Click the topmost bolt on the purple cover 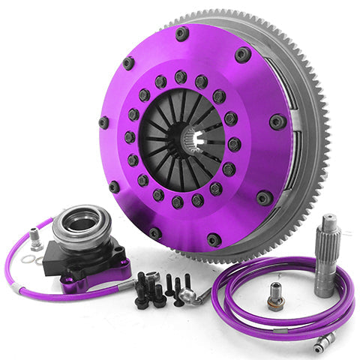[182, 33]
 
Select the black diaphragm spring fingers [161, 124]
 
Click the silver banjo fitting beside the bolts [196, 295]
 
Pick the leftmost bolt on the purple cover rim [103, 121]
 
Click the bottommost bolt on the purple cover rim [214, 239]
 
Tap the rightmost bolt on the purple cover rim [277, 121]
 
